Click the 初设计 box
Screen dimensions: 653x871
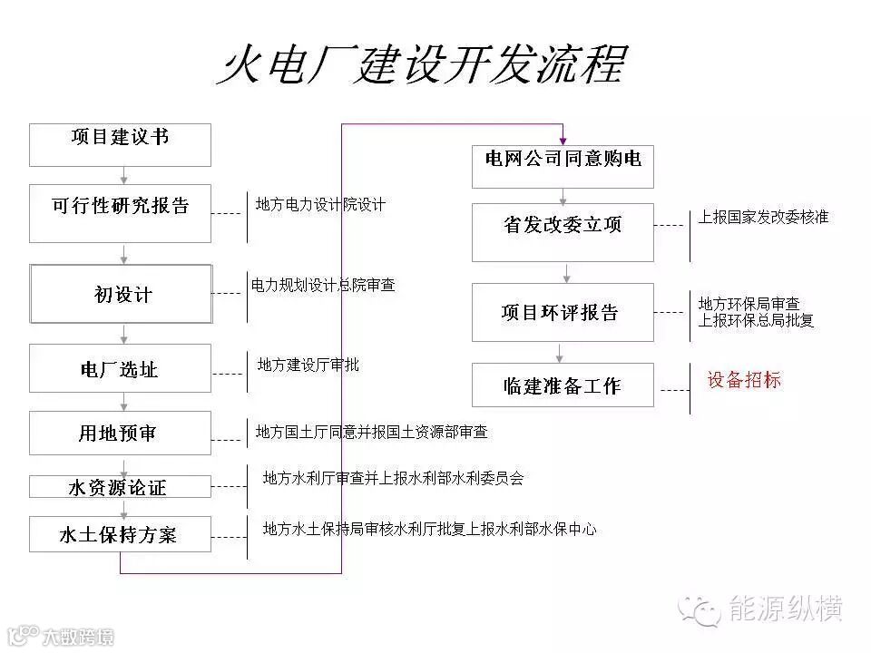121,294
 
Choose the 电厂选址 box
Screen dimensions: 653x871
120,368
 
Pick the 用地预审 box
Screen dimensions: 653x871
120,433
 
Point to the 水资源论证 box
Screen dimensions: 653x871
120,487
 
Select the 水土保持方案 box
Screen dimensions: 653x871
120,534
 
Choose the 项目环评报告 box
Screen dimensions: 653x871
563,312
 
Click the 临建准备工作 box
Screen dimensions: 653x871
563,385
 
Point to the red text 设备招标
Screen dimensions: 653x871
744,380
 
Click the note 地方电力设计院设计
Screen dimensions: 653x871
320,205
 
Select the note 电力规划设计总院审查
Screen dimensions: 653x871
323,285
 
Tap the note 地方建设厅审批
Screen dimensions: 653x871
308,365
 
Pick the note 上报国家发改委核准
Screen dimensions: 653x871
762,218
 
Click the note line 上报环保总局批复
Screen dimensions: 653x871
756,320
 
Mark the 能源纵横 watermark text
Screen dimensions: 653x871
787,609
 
